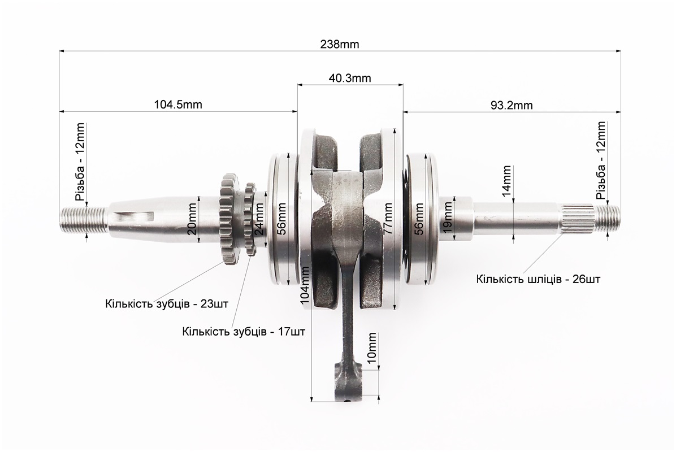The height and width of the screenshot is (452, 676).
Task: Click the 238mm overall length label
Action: tap(339, 45)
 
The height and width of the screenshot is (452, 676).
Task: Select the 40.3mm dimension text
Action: tap(350, 78)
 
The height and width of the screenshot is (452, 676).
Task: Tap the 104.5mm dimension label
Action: tap(178, 105)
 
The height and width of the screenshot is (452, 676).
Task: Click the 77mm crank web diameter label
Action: tap(387, 219)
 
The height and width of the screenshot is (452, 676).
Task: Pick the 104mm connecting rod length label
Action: tap(306, 285)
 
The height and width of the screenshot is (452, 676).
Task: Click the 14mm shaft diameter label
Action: tap(507, 181)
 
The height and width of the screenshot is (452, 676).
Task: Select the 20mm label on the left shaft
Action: tap(192, 218)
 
